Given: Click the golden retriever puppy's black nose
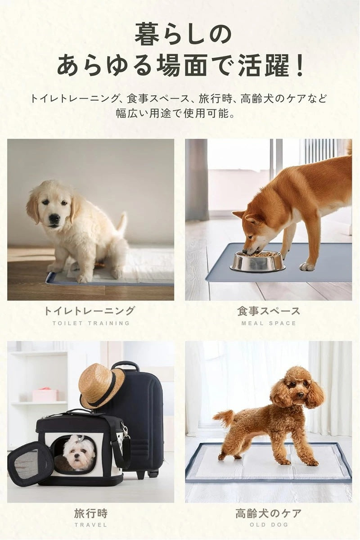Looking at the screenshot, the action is (55, 218).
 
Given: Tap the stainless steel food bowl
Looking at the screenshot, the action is (257, 261).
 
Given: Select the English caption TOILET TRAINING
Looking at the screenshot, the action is (91, 323).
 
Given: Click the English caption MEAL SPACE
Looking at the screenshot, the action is (269, 323).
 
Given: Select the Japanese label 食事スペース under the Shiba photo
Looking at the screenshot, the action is (269, 311).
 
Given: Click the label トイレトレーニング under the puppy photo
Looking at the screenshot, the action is (89, 311).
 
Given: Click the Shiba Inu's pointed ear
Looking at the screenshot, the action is (238, 214).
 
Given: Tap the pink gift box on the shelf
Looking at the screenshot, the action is (44, 395).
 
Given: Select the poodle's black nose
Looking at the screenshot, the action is (301, 394).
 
